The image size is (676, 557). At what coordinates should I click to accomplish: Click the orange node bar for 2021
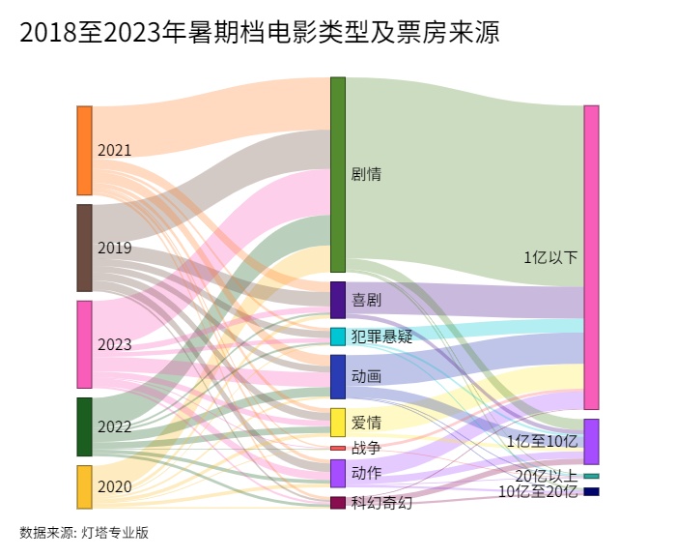tap(85, 150)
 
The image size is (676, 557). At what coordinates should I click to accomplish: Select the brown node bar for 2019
tap(85, 248)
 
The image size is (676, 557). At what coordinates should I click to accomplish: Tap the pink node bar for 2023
tap(85, 344)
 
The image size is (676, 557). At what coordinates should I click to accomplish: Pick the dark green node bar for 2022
tap(85, 426)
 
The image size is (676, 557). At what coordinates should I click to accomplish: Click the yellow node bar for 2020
tap(85, 486)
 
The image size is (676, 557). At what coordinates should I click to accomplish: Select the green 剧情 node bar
tap(338, 174)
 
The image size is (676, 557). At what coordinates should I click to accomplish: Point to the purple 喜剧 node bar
tap(338, 300)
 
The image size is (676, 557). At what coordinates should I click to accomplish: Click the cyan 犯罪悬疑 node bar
tap(338, 337)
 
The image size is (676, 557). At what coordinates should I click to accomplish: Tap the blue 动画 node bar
tap(338, 376)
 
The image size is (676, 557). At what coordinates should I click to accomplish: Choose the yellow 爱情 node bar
tap(338, 423)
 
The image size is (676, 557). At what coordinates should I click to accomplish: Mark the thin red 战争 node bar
tap(338, 448)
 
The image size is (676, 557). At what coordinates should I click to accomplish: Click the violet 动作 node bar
tap(338, 473)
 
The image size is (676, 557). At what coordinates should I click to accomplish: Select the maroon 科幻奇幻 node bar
tap(338, 502)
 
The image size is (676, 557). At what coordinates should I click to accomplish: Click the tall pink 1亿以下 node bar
tap(591, 256)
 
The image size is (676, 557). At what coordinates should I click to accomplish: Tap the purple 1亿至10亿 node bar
tap(591, 441)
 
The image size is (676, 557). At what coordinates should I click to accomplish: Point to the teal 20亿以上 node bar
tap(591, 476)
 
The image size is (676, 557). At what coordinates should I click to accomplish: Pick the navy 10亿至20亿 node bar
tap(591, 491)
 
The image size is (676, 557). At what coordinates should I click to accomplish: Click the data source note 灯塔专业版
tap(84, 532)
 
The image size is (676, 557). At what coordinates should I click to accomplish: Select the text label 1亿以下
tap(550, 257)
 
